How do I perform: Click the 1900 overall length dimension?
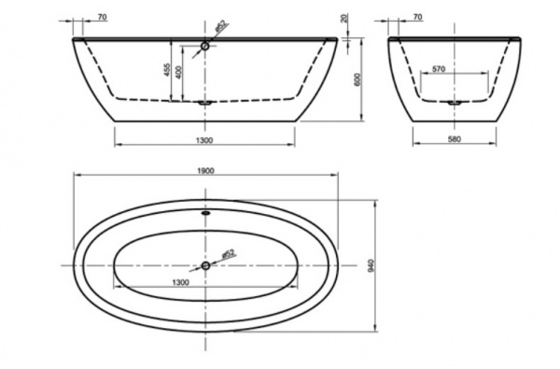[205, 171]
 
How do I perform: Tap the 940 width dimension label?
[371, 265]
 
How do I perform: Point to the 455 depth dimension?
[167, 70]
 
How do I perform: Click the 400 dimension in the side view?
[179, 73]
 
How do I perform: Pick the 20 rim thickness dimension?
[343, 19]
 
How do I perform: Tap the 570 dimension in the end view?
[439, 68]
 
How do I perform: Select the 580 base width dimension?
[455, 139]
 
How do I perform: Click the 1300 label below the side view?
[204, 140]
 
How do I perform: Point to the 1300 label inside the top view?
[181, 282]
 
